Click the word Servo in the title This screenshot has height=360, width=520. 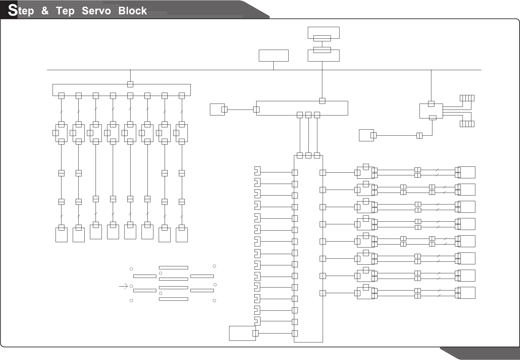[96, 11]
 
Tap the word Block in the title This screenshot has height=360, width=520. [132, 11]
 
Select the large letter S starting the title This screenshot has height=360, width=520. [12, 10]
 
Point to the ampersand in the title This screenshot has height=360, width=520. [45, 11]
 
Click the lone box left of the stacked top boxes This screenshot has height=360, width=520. [273, 56]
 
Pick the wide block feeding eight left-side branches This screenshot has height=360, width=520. [121, 90]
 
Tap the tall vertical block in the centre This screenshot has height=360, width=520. [308, 248]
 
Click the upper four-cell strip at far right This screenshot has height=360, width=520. [467, 98]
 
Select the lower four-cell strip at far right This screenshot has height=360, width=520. [467, 124]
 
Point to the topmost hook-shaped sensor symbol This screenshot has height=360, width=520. [257, 171]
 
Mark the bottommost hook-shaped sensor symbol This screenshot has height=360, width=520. [257, 321]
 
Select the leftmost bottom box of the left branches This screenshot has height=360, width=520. [61, 235]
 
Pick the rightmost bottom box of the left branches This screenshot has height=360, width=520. [181, 235]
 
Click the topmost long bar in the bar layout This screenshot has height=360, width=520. [173, 267]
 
